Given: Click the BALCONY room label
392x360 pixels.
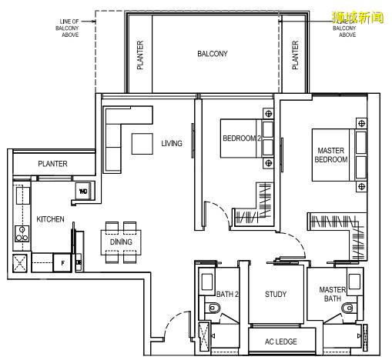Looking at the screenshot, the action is [x=213, y=54].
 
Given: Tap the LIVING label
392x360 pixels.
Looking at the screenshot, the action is [x=172, y=143].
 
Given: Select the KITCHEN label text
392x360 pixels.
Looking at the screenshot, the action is [x=50, y=219].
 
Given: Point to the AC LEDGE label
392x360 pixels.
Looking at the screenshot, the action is [x=281, y=342].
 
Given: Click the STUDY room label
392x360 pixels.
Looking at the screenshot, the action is [x=276, y=294].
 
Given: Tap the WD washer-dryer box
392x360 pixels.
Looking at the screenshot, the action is [x=83, y=191].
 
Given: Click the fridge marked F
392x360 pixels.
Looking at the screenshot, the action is [x=62, y=263].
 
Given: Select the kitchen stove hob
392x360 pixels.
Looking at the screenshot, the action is [x=22, y=234].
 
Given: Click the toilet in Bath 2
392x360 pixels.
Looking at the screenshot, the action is [x=214, y=308].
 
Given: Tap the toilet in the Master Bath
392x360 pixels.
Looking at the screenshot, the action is [x=348, y=308].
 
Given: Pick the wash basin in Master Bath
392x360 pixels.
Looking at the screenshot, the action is [x=355, y=282].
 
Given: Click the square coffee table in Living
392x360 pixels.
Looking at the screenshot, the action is [x=142, y=144].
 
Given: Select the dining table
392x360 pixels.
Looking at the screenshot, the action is [x=121, y=242].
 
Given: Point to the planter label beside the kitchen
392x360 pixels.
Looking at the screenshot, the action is [x=52, y=164].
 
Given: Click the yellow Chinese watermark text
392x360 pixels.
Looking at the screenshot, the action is [x=357, y=18].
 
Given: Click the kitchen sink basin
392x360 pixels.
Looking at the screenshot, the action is [x=23, y=195].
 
